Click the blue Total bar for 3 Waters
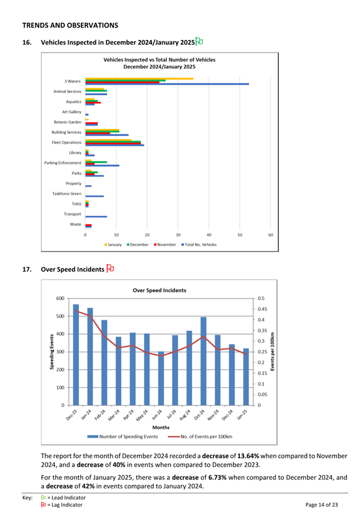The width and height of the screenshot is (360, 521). tap(167, 84)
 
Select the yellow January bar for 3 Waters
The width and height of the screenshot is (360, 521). tap(139, 79)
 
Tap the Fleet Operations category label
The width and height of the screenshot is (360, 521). tap(66, 142)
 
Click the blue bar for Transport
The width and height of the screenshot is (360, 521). tap(96, 216)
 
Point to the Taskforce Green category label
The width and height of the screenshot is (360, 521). tap(67, 194)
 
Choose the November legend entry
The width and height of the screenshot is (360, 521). tap(165, 245)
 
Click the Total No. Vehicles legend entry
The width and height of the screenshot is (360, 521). tap(199, 245)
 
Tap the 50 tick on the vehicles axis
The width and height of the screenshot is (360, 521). tap(240, 235)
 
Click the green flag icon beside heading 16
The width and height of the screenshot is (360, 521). tap(199, 41)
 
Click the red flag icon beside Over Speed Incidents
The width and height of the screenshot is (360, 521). tap(110, 268)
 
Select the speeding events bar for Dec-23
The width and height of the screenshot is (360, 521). tap(76, 355)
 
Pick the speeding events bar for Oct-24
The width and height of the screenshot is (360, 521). tap(203, 361)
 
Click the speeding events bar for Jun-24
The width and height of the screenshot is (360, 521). tap(161, 379)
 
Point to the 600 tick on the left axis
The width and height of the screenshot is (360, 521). tap(60, 298)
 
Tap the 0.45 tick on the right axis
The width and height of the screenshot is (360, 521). tap(262, 309)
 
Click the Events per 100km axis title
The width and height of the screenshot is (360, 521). tap(273, 352)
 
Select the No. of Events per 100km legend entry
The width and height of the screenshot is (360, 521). tap(200, 437)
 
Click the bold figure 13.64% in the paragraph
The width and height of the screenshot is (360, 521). tap(248, 456)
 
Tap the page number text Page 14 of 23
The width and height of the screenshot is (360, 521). tap(321, 505)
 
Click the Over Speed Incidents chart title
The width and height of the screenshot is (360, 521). tap(160, 291)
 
